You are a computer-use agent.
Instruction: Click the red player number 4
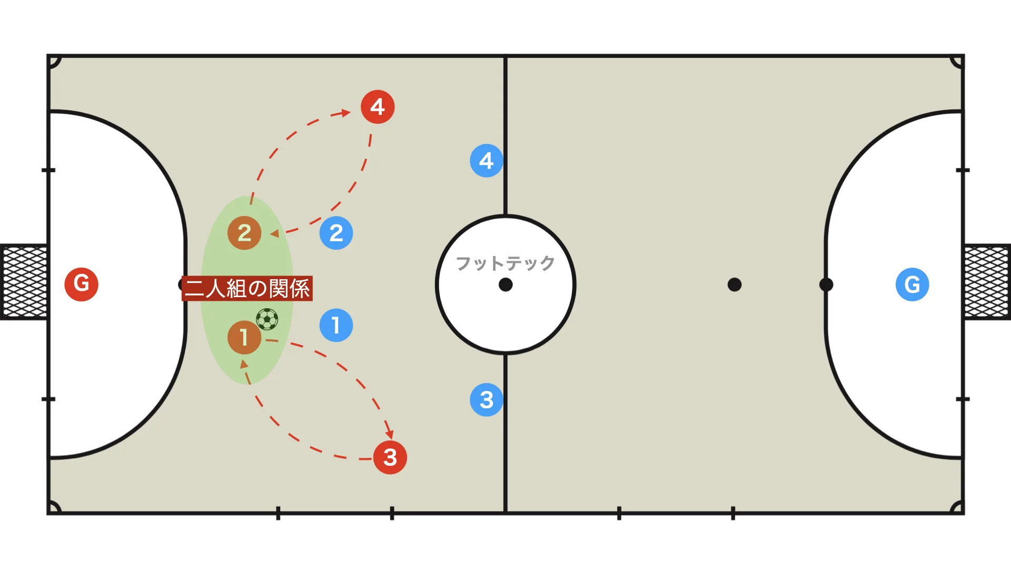[378, 107]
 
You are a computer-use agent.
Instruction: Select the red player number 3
[390, 457]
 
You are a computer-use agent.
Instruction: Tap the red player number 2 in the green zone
[244, 233]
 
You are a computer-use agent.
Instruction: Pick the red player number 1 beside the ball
[244, 337]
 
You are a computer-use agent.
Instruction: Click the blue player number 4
[487, 161]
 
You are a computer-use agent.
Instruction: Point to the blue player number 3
[487, 400]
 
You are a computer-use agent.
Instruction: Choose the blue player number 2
[336, 233]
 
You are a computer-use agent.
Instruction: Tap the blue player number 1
[336, 325]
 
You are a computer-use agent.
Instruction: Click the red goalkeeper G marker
[81, 284]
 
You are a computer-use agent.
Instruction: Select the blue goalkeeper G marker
[912, 284]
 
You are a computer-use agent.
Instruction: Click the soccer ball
[267, 319]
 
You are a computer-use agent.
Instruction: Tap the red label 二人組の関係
[247, 289]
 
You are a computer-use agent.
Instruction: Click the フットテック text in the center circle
[506, 263]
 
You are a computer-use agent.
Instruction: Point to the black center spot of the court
[506, 284]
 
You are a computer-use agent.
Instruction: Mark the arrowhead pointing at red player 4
[346, 113]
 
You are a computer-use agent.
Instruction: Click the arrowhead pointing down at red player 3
[390, 434]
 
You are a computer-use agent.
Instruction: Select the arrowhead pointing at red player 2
[274, 233]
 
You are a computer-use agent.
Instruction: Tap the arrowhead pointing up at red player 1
[244, 364]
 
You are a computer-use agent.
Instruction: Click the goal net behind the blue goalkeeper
[988, 282]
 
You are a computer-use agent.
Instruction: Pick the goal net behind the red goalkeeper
[24, 282]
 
